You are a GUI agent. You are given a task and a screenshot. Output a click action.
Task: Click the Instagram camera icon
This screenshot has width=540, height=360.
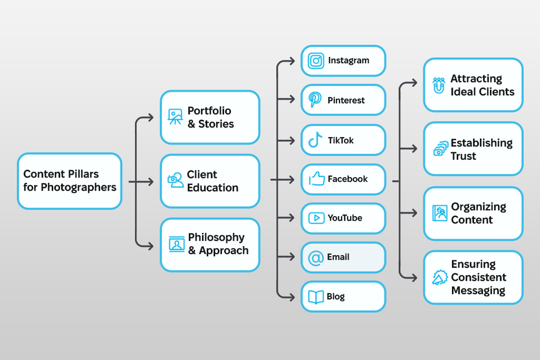click(316, 61)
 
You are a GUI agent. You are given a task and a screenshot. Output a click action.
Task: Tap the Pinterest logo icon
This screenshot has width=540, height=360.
click(315, 100)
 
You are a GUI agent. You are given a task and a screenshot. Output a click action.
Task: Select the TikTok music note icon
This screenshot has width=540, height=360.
click(315, 140)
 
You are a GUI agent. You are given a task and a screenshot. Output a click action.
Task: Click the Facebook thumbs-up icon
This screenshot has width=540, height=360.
click(316, 179)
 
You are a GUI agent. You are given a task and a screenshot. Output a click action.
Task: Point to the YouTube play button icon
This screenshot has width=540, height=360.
click(316, 218)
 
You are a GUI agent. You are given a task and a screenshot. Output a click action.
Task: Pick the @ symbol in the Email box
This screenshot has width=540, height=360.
click(315, 258)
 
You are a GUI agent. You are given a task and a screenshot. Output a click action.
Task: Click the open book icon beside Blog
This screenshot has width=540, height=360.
click(315, 297)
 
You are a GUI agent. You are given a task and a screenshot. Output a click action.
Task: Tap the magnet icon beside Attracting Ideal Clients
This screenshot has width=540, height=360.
click(438, 85)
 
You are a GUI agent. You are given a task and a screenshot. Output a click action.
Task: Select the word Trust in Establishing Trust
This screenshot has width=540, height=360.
click(463, 156)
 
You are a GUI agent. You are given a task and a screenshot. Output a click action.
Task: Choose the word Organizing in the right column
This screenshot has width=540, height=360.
click(478, 207)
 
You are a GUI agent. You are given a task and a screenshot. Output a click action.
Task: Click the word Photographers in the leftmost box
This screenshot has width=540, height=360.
click(79, 187)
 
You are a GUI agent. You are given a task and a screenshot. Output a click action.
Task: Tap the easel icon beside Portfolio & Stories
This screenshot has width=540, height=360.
click(175, 116)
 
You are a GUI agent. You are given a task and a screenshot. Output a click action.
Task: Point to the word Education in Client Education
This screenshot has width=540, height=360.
click(213, 188)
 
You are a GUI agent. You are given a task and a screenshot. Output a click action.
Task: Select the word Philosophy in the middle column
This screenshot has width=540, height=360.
click(216, 237)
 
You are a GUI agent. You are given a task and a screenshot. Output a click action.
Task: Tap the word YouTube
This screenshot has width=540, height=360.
click(345, 218)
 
